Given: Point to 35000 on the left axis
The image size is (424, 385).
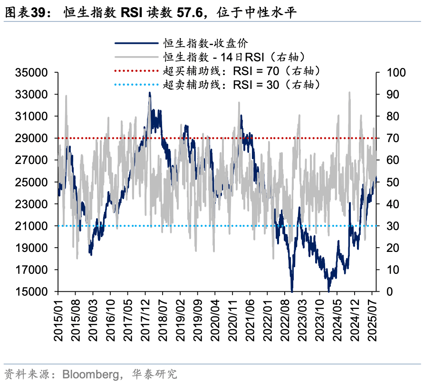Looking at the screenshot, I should coord(31,73).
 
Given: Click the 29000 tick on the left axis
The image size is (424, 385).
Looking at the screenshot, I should coord(31,138).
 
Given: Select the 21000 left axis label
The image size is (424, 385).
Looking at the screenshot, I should coord(31,226).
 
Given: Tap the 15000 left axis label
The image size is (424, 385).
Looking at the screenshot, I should coord(31,292).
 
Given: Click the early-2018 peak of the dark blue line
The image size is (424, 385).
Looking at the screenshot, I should coord(150,94).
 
